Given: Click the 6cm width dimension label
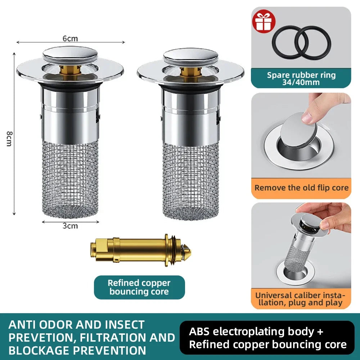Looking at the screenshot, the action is pos(70,39).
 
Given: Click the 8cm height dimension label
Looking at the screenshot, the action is pos(9,139).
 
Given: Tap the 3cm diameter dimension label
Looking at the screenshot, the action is pos(70,226).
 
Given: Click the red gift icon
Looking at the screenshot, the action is pos(264,21).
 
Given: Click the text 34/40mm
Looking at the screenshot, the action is pos(301,82).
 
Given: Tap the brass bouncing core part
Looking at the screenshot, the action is pos(140,251).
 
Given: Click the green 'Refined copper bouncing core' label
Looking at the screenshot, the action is pos(139,287).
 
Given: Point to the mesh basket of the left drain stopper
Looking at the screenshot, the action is pos(70,179).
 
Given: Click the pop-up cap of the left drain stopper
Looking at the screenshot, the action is pos(70,54).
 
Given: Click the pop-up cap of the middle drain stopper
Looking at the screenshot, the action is pos(190,55).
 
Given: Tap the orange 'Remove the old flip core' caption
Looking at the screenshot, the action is pos(301,188).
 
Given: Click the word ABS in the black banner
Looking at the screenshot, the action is pos(199,332).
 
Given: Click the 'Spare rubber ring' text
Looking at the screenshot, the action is pos(301,75).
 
